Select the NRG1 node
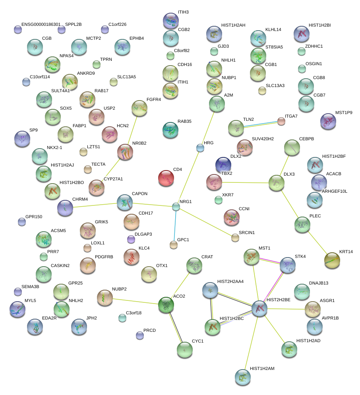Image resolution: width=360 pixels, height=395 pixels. (176, 207)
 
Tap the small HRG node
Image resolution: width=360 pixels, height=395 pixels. (200, 148)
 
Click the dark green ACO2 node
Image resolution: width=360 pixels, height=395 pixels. (166, 305)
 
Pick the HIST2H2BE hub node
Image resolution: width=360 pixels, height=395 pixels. (259, 308)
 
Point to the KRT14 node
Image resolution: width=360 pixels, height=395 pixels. (332, 260)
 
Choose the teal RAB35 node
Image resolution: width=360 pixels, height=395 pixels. (170, 130)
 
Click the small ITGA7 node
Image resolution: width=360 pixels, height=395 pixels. (281, 122)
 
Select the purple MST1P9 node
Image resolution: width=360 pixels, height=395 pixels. (328, 121)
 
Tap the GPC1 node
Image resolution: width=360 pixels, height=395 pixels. (173, 245)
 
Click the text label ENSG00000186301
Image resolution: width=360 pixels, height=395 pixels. (41, 25)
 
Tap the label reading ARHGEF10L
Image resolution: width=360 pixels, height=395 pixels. (335, 192)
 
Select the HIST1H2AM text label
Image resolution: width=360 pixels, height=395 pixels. (262, 369)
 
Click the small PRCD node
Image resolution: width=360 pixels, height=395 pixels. (139, 335)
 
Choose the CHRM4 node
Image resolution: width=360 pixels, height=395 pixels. (65, 207)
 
